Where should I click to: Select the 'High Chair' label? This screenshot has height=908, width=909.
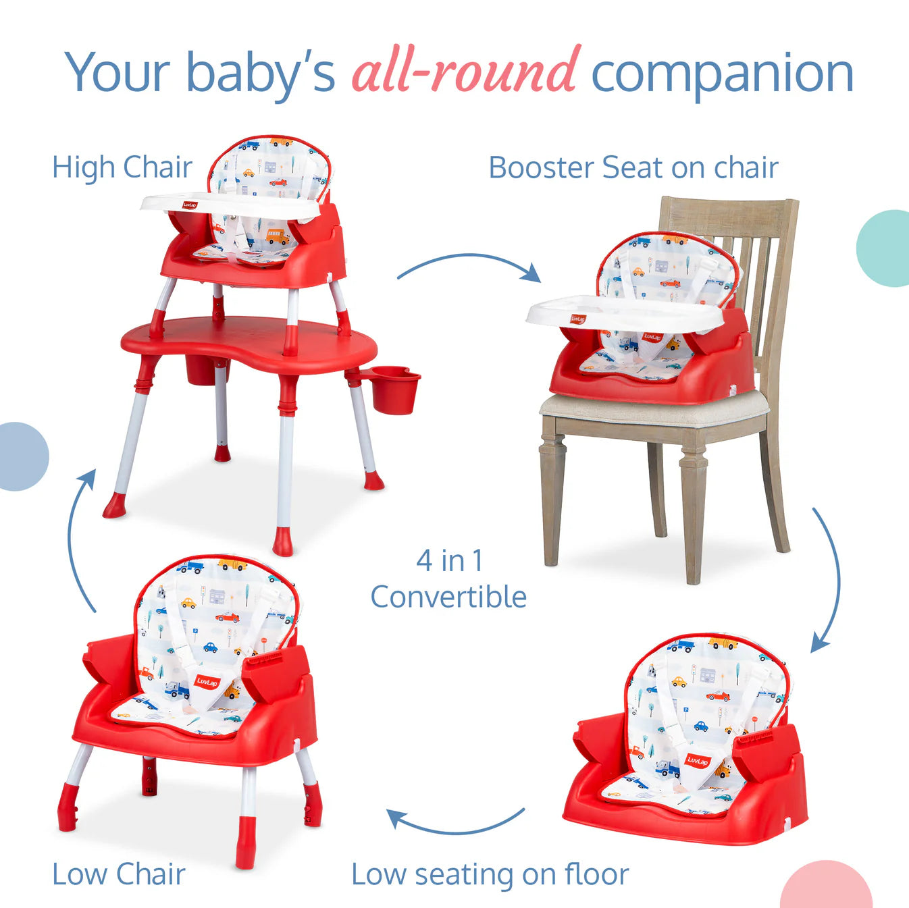point(122,167)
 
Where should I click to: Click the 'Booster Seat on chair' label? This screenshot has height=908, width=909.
point(633,167)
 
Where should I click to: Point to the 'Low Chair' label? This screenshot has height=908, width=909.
point(119,874)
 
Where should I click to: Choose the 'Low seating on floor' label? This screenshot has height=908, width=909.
point(490,874)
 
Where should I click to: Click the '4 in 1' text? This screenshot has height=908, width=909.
point(450,560)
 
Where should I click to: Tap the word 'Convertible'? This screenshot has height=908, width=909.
point(448,597)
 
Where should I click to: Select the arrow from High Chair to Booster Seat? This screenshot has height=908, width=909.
point(469,265)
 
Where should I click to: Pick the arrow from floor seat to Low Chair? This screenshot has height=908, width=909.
point(456,824)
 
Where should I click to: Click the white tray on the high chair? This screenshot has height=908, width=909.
point(230,205)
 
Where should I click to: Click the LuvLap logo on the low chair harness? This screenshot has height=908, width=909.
point(207,681)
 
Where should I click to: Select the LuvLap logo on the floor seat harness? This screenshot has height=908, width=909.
point(698,761)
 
